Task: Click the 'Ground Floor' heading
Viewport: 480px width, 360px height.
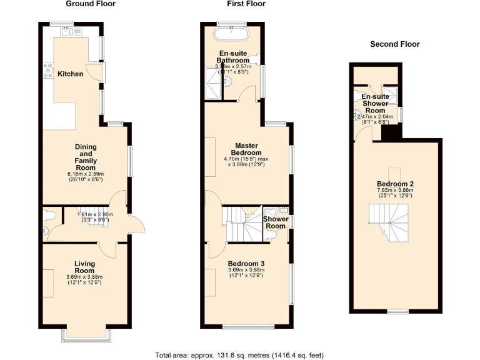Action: (91, 4)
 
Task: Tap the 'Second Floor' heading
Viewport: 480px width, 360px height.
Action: (394, 44)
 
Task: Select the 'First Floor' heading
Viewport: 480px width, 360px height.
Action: (246, 4)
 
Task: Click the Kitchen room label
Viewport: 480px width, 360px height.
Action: (71, 74)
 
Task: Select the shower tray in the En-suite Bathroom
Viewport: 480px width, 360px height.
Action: (214, 86)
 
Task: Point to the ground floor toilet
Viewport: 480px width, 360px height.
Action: (49, 215)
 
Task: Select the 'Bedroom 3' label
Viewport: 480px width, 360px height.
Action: (246, 264)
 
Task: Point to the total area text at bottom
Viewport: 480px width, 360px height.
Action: (239, 354)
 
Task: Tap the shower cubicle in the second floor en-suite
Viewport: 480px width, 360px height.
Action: (391, 94)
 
